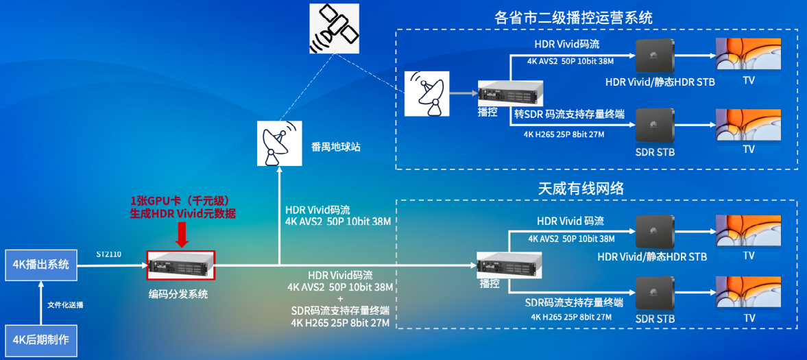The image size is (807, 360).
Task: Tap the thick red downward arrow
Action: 182,235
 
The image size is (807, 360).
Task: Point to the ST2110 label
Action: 108,254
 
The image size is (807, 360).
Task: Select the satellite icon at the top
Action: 334,28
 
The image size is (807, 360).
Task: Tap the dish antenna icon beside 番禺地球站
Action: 279,143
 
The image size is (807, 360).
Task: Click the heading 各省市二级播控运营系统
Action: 573,18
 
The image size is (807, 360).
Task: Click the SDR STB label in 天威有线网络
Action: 655,320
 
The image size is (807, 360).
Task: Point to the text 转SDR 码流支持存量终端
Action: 569,114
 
